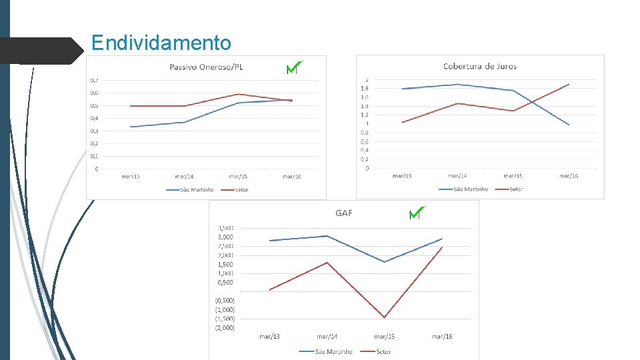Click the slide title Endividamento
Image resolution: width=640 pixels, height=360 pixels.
click(161, 43)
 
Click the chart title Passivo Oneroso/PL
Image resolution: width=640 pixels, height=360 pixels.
click(206, 66)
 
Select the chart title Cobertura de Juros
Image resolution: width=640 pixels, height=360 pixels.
click(480, 66)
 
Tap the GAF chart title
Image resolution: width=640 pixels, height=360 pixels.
click(344, 213)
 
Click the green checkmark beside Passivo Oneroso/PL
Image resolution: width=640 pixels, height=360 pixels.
click(294, 68)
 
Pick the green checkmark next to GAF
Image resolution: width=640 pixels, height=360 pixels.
click(417, 213)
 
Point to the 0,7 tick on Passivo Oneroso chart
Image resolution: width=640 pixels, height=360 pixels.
click(95, 80)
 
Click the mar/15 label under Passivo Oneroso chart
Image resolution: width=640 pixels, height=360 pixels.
click(238, 177)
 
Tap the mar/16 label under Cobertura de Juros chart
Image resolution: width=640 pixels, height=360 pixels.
click(569, 176)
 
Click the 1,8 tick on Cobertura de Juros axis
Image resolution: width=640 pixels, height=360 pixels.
click(365, 89)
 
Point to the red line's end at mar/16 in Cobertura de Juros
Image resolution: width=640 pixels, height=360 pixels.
click(569, 84)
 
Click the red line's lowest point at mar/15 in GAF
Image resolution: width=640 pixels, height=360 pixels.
click(385, 317)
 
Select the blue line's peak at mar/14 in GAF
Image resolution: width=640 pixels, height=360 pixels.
click(327, 236)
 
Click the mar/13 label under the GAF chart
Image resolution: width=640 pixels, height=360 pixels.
click(269, 337)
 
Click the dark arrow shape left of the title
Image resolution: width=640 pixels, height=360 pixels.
click(40, 51)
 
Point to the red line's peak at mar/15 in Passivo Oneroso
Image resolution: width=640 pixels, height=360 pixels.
click(238, 94)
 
